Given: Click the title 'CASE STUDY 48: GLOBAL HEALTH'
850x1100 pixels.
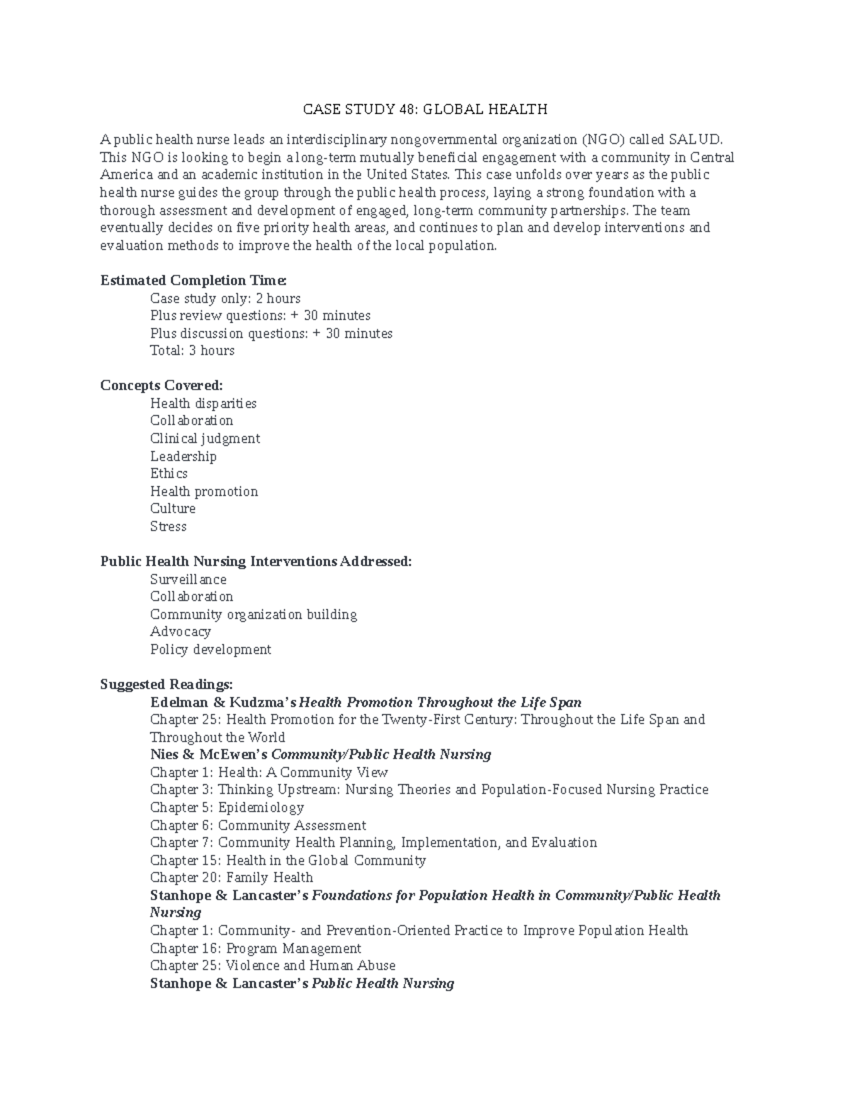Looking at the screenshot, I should [x=425, y=109].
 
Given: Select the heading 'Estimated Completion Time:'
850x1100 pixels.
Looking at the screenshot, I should [x=193, y=280].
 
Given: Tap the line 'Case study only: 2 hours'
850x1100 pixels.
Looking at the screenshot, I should [x=225, y=298].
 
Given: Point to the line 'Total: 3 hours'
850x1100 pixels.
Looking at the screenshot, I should [x=192, y=351].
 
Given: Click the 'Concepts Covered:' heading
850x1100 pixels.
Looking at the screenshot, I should [x=161, y=385].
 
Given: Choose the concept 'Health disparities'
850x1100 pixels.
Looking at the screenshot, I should [x=203, y=403].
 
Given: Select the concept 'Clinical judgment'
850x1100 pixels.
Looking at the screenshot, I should [x=205, y=438].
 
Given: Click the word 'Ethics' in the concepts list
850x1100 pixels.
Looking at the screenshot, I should [x=169, y=473].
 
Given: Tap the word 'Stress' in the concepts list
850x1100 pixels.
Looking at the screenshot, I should [x=168, y=526].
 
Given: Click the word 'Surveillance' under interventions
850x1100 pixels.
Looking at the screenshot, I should [x=188, y=579].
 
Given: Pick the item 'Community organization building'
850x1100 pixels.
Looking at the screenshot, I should [x=254, y=614].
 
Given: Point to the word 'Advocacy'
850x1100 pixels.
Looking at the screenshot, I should [x=181, y=631].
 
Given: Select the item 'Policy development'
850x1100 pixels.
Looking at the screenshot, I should [x=210, y=649].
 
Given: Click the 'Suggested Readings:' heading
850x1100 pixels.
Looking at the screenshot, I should [x=166, y=684].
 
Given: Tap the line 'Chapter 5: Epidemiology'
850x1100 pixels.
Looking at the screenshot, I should [x=227, y=807].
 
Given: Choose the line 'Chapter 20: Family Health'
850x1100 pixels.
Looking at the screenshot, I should [x=231, y=878].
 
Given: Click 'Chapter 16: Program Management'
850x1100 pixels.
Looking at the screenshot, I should [x=256, y=948].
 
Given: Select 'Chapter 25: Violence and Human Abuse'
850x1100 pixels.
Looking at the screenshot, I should [x=273, y=965].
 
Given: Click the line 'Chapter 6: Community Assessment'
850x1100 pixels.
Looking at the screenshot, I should [x=258, y=825].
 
